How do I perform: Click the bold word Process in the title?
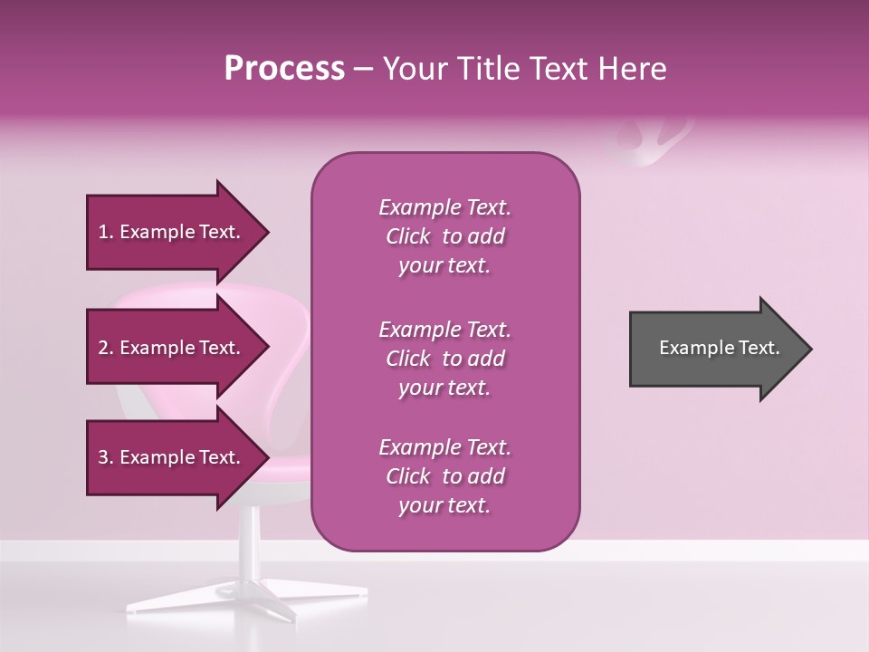[284, 69]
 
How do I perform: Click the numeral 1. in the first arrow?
[106, 233]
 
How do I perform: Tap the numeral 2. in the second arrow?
[106, 348]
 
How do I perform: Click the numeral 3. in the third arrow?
[106, 458]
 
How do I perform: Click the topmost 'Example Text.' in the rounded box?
[444, 207]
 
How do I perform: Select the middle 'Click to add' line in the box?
[444, 359]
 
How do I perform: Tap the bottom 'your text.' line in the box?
[444, 506]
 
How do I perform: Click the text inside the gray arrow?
[720, 348]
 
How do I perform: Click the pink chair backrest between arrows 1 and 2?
[181, 294]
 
